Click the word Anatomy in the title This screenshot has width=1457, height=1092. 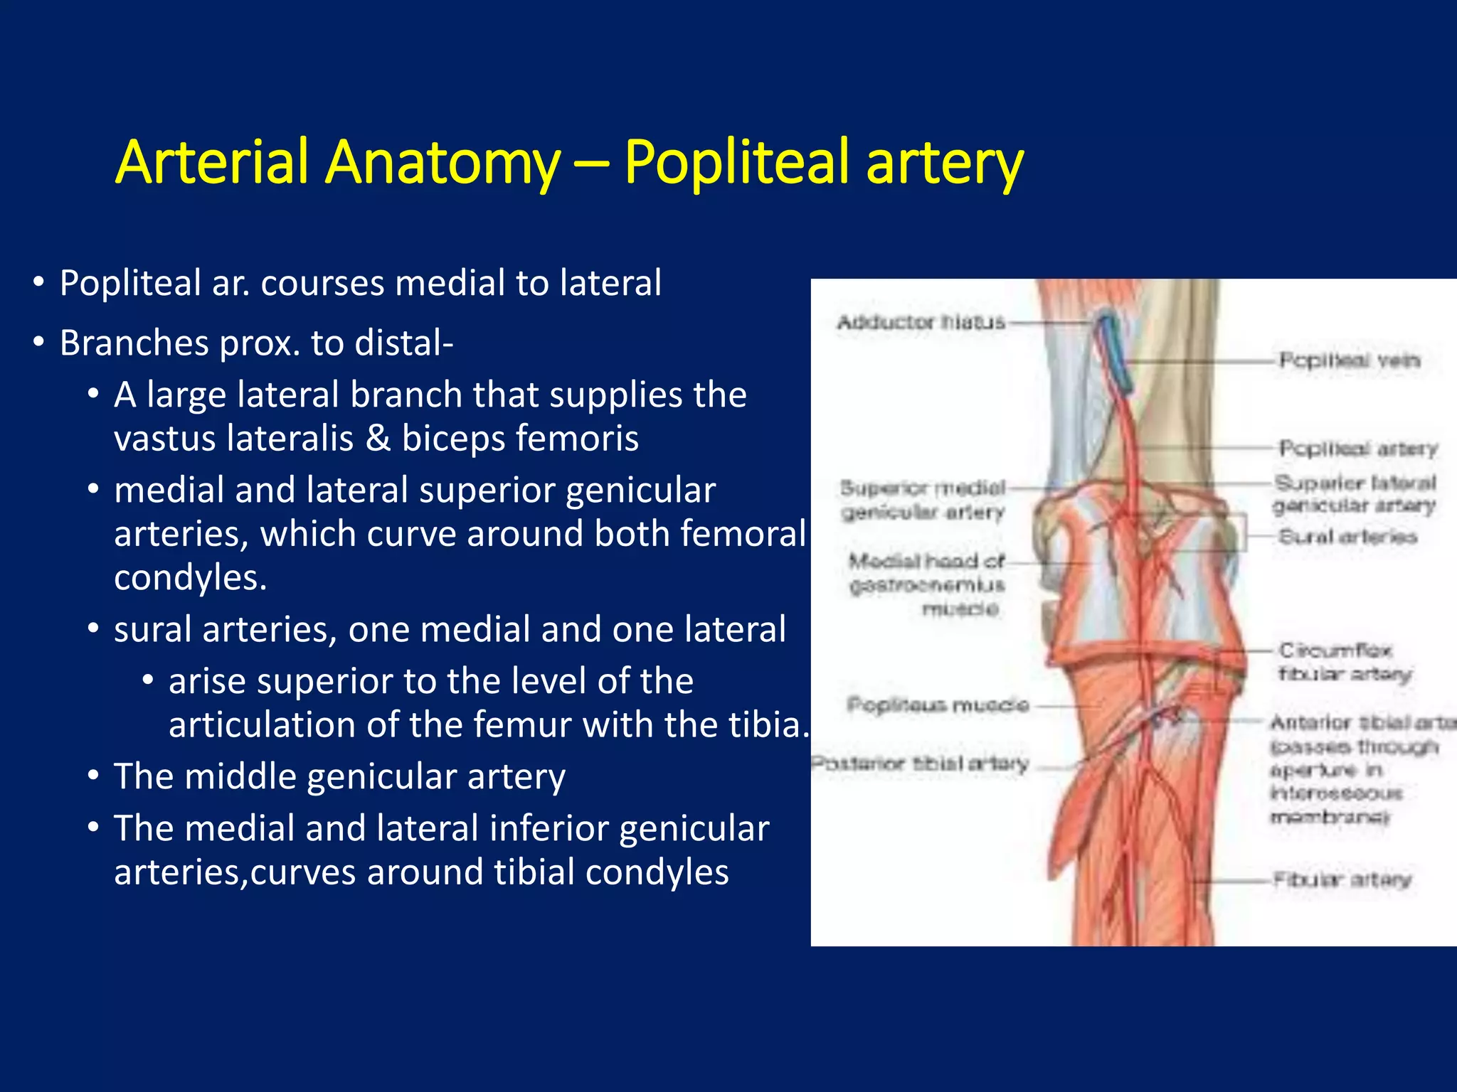pos(443,162)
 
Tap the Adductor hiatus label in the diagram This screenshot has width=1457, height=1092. pos(921,322)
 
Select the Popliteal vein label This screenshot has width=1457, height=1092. pos(1349,360)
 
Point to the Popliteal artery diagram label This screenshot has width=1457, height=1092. pos(1357,449)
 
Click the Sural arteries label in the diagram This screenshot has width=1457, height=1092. pos(1347,537)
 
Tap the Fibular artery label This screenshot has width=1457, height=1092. pos(1342,880)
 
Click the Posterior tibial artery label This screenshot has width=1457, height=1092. pos(921,764)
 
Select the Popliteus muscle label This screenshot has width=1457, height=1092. pos(938,705)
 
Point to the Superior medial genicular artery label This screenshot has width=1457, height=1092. pos(923,500)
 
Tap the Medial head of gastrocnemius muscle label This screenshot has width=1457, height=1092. pos(927,584)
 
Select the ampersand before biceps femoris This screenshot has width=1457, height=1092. pos(378,438)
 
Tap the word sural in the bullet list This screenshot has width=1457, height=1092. pos(152,630)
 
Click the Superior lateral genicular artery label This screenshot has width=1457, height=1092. pos(1355,494)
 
